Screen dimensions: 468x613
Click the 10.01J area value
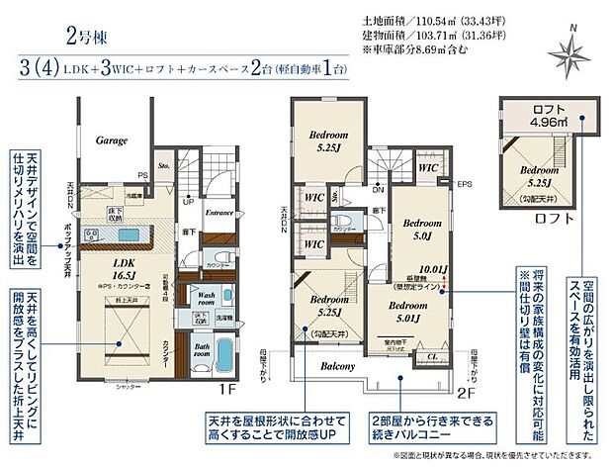433,267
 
